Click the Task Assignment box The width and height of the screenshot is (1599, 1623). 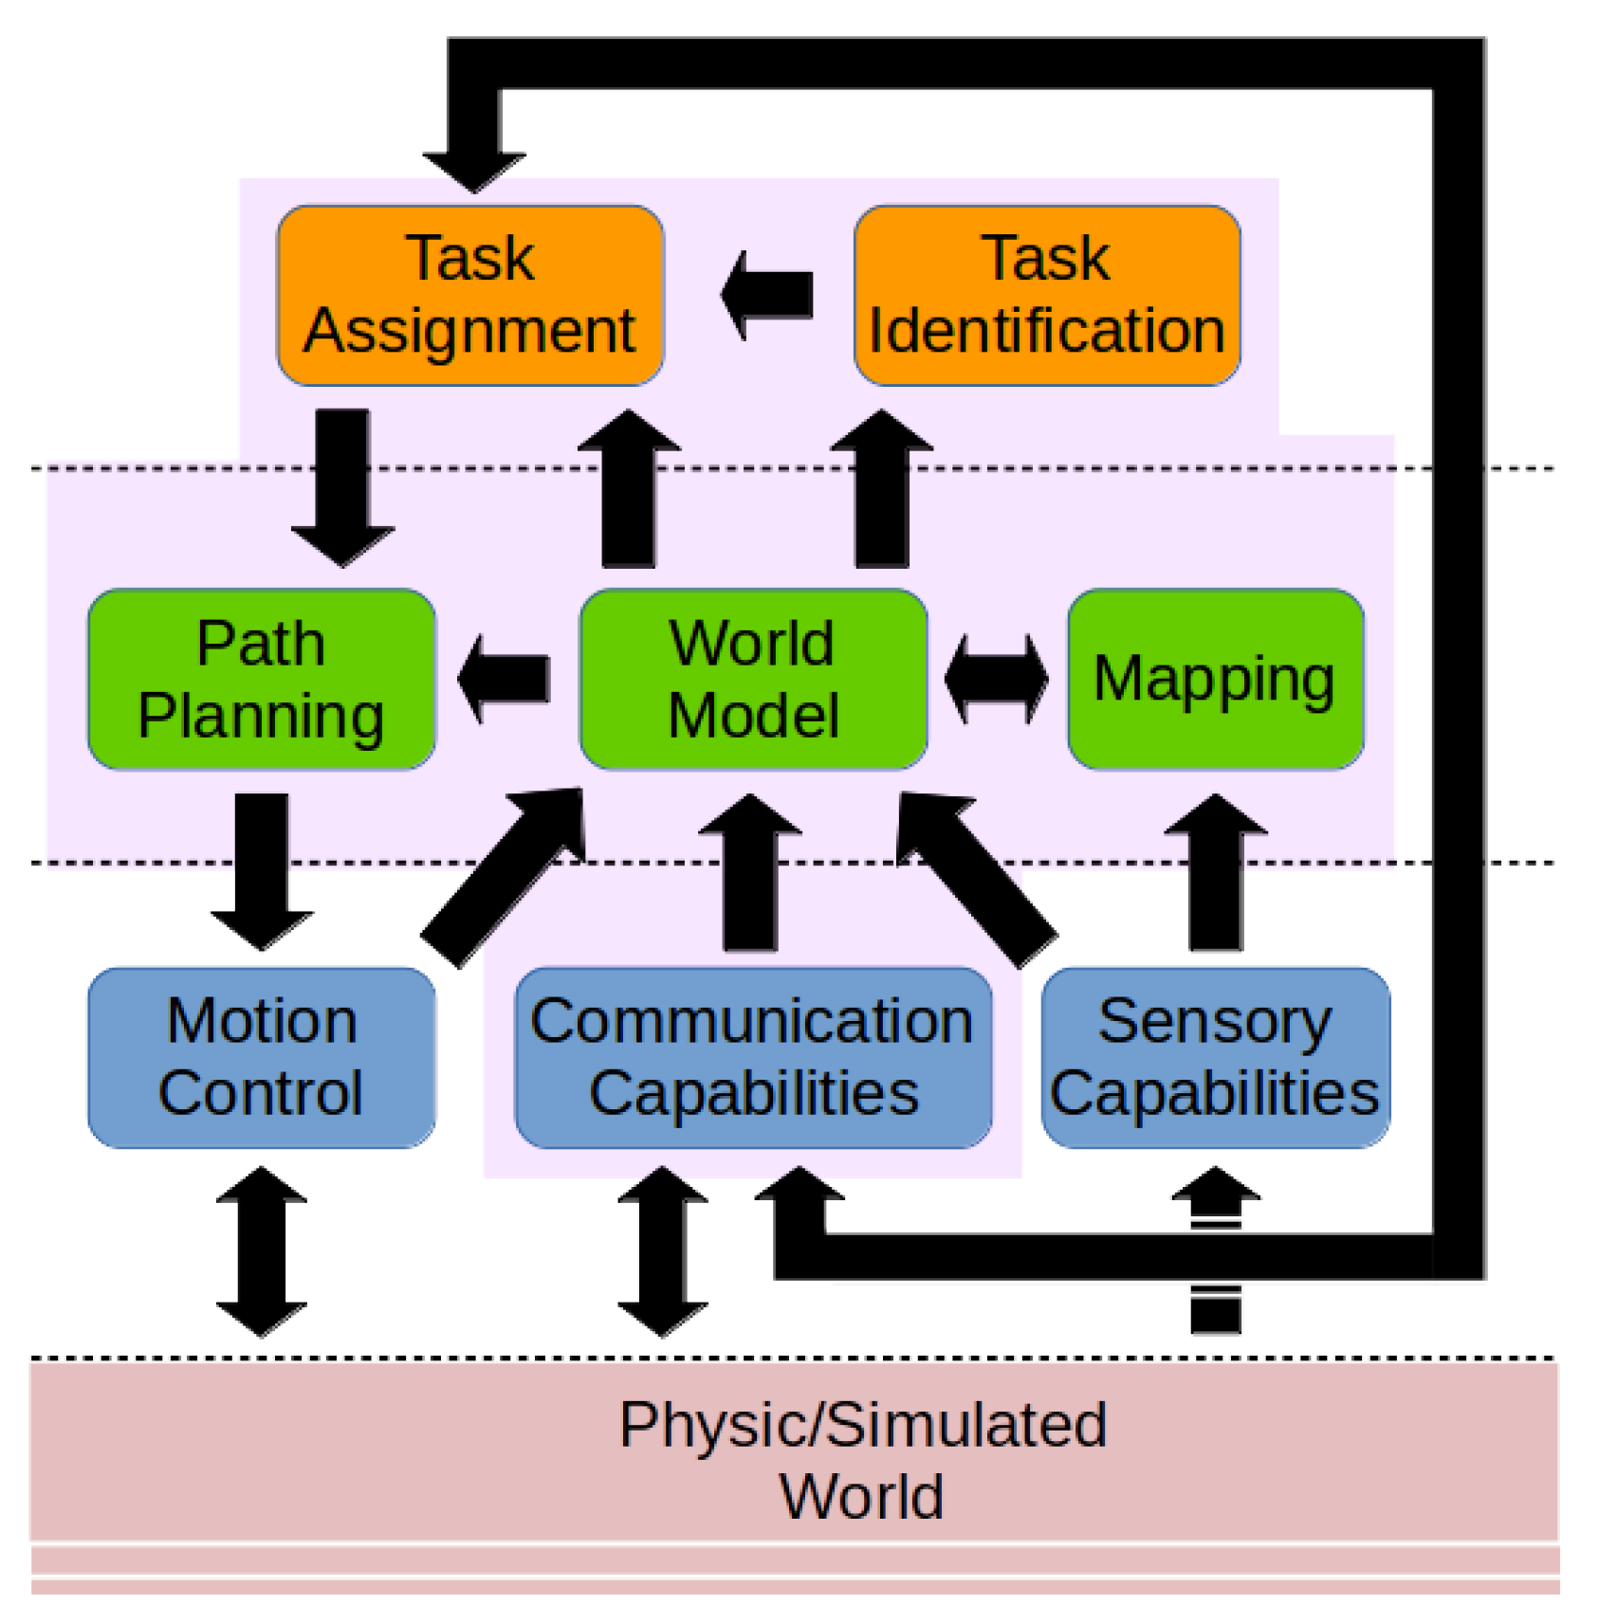(469, 295)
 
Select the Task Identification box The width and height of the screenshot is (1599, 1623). (1046, 295)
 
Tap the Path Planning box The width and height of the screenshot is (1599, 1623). (261, 679)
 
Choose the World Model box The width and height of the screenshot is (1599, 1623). (753, 679)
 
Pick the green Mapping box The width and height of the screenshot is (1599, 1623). (1215, 679)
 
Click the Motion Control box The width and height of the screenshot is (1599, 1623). (261, 1057)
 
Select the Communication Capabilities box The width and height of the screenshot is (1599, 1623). (753, 1057)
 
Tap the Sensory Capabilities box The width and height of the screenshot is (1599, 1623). (1215, 1057)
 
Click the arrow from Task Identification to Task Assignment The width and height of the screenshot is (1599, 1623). (768, 295)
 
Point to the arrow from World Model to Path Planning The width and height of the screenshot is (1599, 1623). (505, 679)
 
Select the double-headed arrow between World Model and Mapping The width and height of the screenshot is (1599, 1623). (997, 679)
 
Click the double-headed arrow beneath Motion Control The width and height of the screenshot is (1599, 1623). (262, 1251)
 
